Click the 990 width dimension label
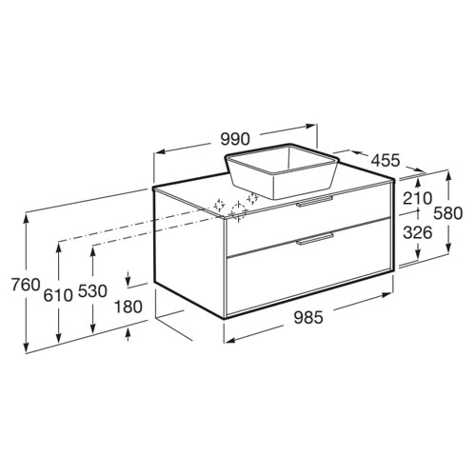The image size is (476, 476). point(235,139)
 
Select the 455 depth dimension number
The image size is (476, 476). point(386,160)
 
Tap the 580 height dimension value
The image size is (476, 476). point(448,213)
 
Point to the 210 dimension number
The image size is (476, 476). point(417,198)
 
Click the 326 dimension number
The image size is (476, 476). point(418,232)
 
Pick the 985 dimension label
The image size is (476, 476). point(308,317)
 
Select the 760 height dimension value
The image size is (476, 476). point(26,284)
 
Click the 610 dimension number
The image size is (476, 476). point(58,295)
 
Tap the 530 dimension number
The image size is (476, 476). point(92,291)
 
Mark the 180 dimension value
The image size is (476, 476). point(128,307)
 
